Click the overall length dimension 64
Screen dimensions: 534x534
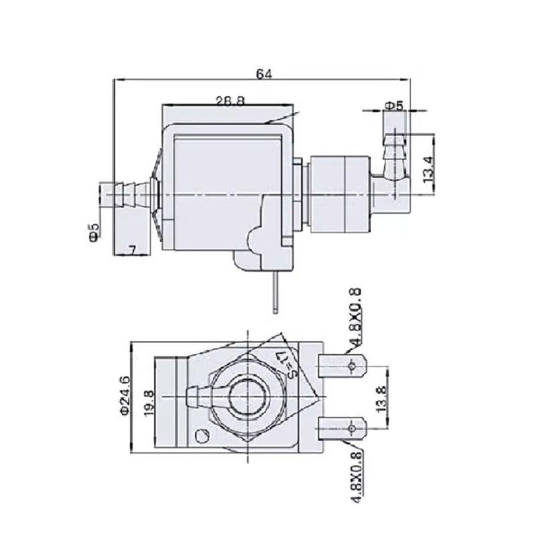pyautogui.click(x=265, y=73)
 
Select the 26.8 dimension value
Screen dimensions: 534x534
pyautogui.click(x=229, y=101)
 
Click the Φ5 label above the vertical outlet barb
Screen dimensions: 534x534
pyautogui.click(x=394, y=105)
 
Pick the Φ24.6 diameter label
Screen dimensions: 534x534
pyautogui.click(x=125, y=396)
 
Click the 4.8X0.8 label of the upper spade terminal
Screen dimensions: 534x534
pyautogui.click(x=356, y=314)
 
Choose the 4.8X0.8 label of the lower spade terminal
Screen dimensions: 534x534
pyautogui.click(x=356, y=476)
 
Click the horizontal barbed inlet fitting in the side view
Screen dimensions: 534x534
pyautogui.click(x=127, y=194)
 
